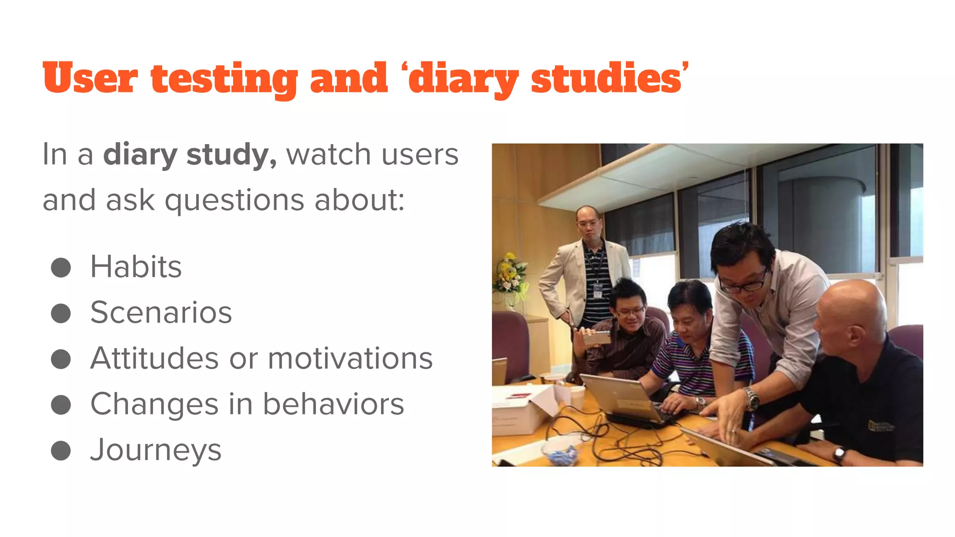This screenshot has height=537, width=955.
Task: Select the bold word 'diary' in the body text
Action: pyautogui.click(x=140, y=155)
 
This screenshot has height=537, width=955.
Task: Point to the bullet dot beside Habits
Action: pyautogui.click(x=61, y=268)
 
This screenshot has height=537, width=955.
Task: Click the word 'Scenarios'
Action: pyautogui.click(x=161, y=312)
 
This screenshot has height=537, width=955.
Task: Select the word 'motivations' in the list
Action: pyautogui.click(x=350, y=358)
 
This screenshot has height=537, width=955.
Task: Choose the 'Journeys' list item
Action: pyautogui.click(x=156, y=450)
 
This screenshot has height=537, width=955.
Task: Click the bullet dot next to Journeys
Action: pyautogui.click(x=61, y=451)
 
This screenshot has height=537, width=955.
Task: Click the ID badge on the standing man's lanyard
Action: pyautogui.click(x=597, y=290)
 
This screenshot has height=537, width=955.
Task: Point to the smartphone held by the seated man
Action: pyautogui.click(x=597, y=337)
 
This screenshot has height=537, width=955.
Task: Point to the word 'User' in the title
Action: pyautogui.click(x=90, y=78)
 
